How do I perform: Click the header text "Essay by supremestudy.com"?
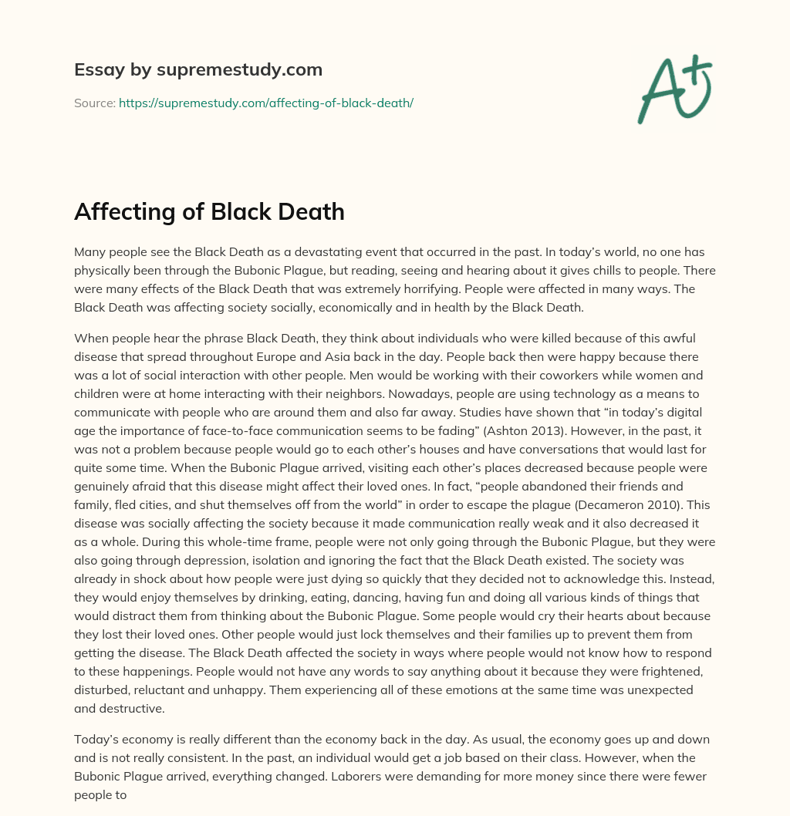pyautogui.click(x=198, y=70)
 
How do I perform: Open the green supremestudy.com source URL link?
pyautogui.click(x=266, y=103)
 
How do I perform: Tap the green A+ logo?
pyautogui.click(x=674, y=89)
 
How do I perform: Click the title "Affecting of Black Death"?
pyautogui.click(x=209, y=212)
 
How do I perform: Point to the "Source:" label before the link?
pyautogui.click(x=95, y=103)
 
